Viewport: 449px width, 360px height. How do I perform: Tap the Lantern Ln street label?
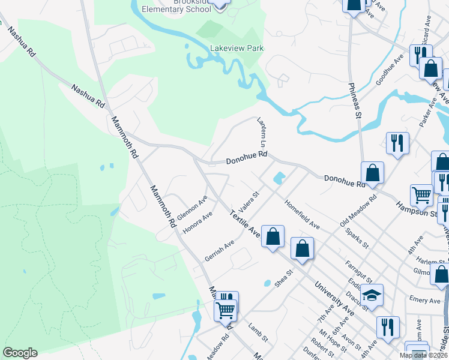point(262,133)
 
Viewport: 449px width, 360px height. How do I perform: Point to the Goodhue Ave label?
point(390,70)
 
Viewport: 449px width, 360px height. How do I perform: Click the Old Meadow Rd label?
point(358,210)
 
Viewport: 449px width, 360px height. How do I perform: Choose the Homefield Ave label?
point(302,214)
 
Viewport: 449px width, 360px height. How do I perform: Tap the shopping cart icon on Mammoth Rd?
point(226,310)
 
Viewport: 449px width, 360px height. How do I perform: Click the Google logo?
point(20,353)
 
